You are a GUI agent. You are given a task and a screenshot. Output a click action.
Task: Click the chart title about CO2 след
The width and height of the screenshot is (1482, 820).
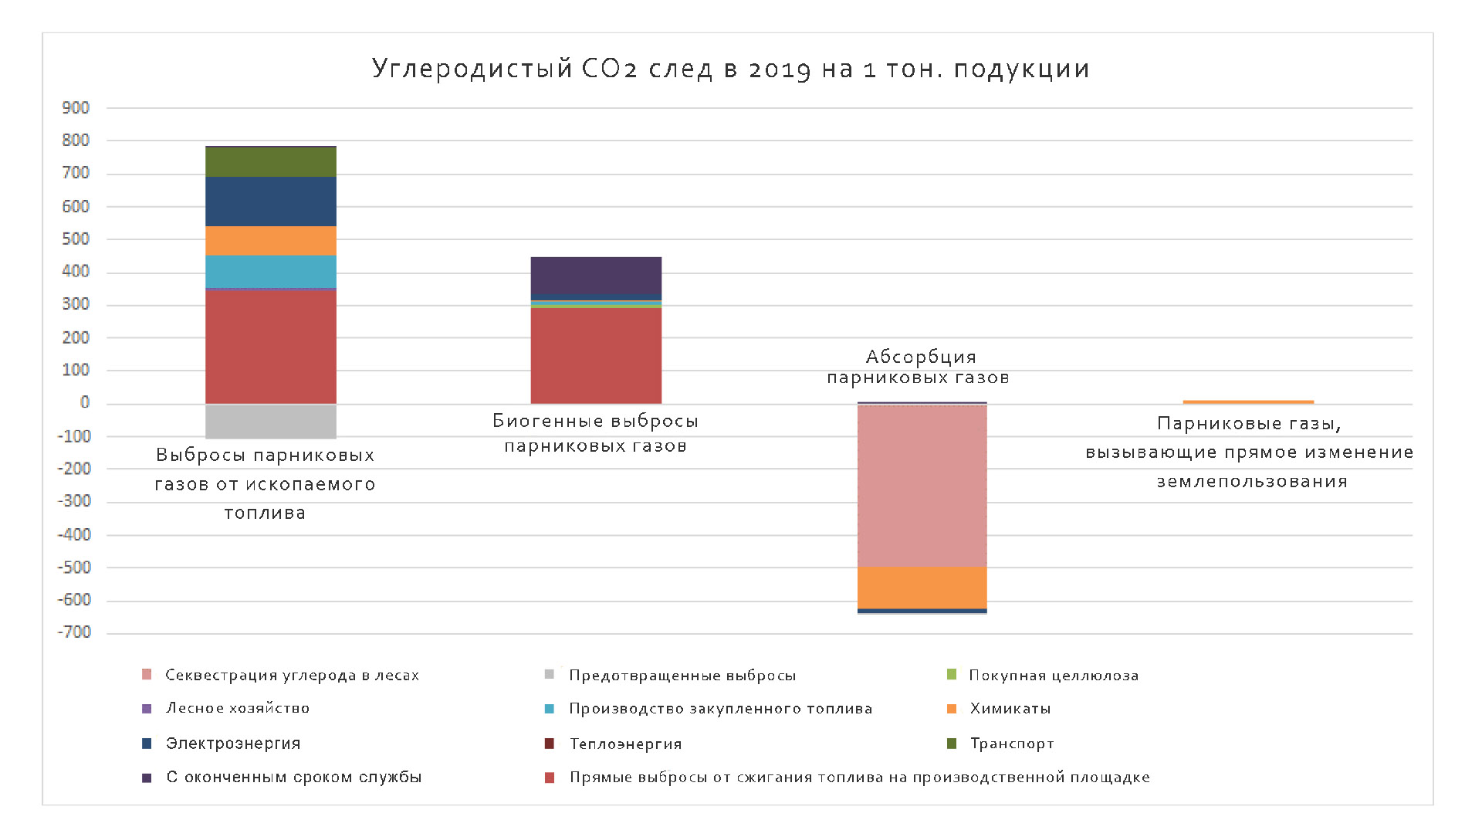point(730,69)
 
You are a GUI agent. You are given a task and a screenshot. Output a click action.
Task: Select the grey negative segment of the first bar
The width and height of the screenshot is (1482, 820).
point(270,421)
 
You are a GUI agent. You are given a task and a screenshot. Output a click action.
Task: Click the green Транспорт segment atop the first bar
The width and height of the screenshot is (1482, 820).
point(270,161)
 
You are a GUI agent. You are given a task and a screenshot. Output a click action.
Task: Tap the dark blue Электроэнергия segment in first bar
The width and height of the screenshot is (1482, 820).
point(270,201)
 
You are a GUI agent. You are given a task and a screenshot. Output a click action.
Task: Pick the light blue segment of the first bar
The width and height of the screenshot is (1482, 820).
point(270,272)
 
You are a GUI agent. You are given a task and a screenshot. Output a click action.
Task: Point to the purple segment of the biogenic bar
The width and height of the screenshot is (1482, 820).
point(596,278)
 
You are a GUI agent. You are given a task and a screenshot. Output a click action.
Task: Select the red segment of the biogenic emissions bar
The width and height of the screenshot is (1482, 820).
point(596,355)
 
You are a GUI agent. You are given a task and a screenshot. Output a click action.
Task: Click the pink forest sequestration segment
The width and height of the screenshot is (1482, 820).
point(922,486)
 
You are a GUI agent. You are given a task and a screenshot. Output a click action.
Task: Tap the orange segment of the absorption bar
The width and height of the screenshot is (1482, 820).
point(922,588)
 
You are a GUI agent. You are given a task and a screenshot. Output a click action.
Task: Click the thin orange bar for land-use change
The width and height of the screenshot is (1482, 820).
point(1248,402)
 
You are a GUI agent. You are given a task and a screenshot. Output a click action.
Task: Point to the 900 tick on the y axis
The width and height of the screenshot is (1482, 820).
point(76,108)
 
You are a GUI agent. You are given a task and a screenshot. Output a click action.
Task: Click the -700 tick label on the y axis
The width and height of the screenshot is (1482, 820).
point(74,633)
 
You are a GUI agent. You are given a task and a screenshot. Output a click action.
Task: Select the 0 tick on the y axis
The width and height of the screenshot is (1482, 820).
point(85,403)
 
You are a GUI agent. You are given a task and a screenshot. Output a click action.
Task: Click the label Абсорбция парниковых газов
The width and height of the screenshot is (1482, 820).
point(919,367)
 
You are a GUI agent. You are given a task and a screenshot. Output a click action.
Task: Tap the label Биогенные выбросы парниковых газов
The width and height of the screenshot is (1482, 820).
point(595,433)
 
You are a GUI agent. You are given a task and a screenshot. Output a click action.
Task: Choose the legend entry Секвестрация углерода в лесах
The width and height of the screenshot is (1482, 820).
point(292,676)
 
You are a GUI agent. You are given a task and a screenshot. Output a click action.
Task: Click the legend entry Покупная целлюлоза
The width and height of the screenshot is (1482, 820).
point(1054,676)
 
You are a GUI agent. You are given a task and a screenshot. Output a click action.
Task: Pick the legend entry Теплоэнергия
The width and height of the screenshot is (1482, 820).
point(625,744)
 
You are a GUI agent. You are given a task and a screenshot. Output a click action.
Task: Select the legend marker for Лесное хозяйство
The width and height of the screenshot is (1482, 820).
point(147,709)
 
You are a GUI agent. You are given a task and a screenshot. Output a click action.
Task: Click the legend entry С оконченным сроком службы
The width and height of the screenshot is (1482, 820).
point(293,778)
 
